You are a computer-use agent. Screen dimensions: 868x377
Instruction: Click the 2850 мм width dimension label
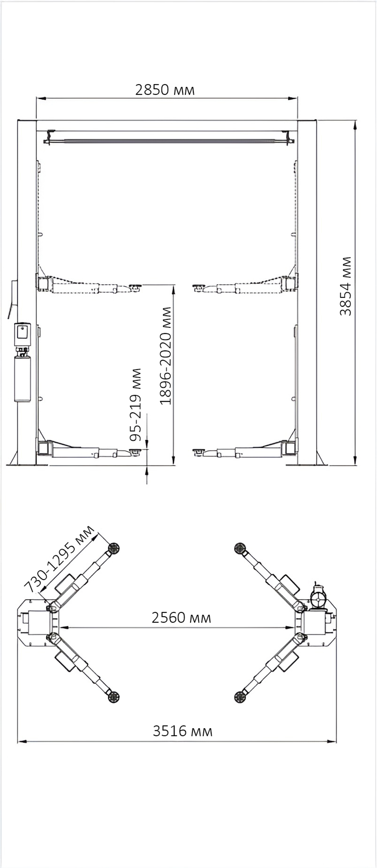(165, 90)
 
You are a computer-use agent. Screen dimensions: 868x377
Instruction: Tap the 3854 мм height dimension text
(345, 286)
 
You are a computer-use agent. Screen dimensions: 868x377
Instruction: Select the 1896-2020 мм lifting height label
(166, 356)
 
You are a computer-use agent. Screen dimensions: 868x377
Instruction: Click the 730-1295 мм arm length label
(59, 559)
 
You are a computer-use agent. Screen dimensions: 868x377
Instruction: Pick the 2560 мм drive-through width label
(181, 618)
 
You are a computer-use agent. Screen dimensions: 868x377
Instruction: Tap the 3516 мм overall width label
(182, 731)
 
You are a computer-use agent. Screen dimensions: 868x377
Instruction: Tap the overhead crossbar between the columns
(169, 141)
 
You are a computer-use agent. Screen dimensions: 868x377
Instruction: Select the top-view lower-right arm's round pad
(240, 697)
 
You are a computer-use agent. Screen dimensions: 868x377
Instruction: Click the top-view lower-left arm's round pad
(113, 697)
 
